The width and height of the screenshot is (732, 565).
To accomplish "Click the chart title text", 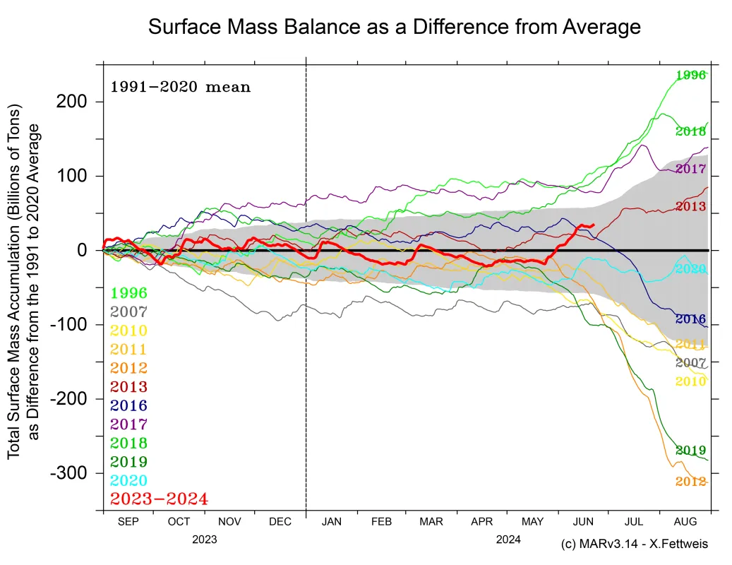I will click(394, 27).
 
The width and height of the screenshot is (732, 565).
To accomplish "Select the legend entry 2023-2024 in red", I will click(159, 499).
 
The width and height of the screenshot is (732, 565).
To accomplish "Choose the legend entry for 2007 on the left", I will click(128, 311).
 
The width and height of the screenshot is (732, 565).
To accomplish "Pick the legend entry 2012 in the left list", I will click(128, 368).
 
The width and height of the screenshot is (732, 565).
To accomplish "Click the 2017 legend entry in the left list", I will click(128, 424).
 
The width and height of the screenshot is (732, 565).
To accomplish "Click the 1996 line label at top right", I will click(691, 75).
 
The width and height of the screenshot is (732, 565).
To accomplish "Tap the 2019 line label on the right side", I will click(691, 450).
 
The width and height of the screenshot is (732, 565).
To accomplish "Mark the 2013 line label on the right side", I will click(691, 206).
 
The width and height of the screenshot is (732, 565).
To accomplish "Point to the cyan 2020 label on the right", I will click(691, 268).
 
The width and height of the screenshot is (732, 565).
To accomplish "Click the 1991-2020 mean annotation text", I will click(180, 88).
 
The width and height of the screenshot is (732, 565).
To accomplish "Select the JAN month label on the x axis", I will click(331, 522).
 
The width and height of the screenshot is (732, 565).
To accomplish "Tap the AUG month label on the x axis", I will click(684, 522).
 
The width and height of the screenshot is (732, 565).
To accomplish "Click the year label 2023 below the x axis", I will click(204, 539).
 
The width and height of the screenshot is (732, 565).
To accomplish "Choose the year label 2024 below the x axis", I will click(508, 539).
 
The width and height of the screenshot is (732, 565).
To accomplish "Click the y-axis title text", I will click(24, 282).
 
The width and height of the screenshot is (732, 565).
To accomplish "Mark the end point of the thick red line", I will click(593, 225).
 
